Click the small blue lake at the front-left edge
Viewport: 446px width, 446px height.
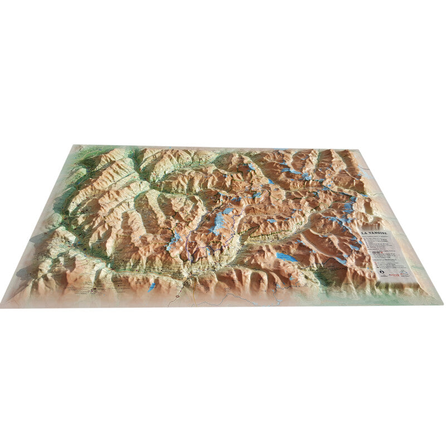(152, 288)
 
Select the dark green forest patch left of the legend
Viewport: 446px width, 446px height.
(329, 276)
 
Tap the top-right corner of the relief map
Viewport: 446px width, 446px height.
(357, 149)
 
